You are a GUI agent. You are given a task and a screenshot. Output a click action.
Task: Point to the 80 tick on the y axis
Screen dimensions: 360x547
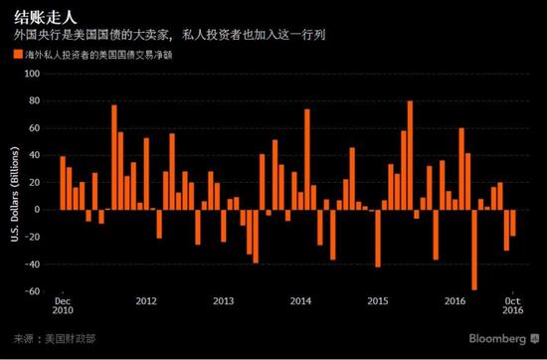(37, 100)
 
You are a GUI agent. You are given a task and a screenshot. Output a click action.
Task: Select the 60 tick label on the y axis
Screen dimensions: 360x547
(37, 128)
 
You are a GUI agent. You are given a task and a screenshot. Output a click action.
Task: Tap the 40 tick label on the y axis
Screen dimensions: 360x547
(37, 155)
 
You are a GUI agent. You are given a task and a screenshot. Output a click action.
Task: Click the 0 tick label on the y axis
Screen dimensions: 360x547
(40, 210)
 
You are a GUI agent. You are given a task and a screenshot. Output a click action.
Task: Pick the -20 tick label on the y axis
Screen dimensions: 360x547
(34, 237)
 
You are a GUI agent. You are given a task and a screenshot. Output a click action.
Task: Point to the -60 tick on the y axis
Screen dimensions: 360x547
(34, 291)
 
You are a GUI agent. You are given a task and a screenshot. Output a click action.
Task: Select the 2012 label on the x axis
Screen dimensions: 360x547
(146, 299)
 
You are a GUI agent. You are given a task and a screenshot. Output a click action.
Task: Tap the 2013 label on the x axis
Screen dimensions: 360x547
(223, 299)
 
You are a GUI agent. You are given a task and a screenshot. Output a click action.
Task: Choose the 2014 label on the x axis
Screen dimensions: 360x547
(300, 299)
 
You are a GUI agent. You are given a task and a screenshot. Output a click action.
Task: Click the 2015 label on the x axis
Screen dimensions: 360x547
(378, 299)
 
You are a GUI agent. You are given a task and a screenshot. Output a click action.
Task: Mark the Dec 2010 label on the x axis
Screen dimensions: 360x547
(62, 305)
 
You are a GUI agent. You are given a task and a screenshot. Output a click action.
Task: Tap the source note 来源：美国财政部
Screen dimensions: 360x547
(44, 339)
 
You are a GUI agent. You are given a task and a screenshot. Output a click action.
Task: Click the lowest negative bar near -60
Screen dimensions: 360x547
(474, 249)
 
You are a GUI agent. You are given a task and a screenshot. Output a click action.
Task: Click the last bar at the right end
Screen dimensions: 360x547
(513, 223)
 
